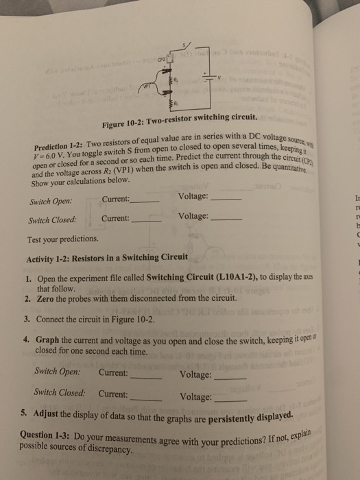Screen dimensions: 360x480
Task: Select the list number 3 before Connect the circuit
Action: [x=27, y=320]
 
